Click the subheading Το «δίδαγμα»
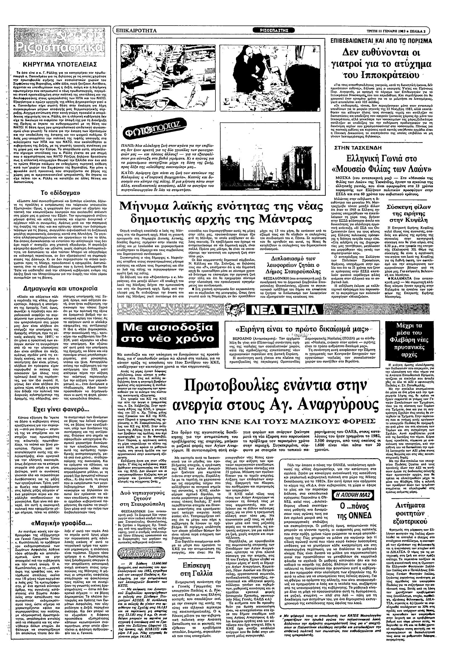coord(58,192)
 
